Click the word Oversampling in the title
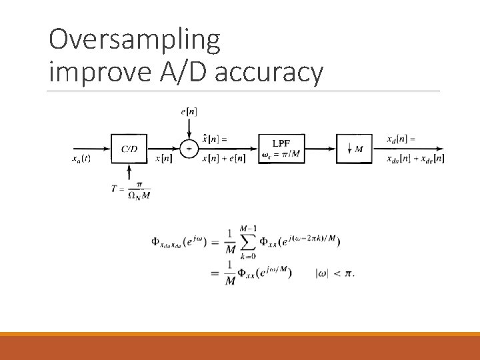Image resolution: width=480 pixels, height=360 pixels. coord(134,41)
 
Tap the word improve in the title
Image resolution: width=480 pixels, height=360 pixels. coord(98,73)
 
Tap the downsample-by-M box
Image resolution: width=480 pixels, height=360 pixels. coord(354,149)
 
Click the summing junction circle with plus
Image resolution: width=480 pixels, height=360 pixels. coord(189,149)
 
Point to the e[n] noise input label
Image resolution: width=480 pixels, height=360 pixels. coord(189,112)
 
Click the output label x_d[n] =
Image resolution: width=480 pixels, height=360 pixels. coord(401,139)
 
